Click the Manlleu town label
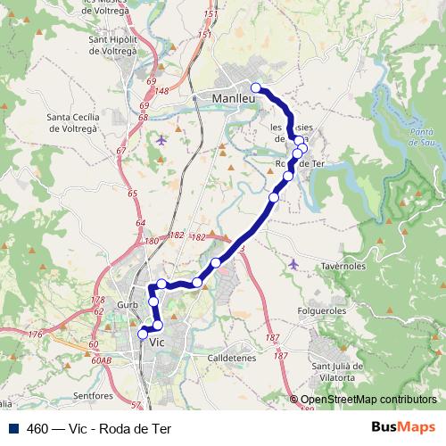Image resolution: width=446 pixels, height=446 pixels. point(235,98)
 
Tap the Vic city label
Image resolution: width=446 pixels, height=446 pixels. point(158,342)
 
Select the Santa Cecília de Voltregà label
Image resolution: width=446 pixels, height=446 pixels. point(80,122)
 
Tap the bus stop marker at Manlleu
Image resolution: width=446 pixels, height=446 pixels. point(256,87)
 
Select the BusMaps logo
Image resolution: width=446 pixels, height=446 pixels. point(404,428)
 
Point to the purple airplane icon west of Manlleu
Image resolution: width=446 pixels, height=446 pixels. point(161,139)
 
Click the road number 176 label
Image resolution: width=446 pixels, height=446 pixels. point(35,334)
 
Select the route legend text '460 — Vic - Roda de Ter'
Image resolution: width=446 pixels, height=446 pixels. point(98,428)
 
